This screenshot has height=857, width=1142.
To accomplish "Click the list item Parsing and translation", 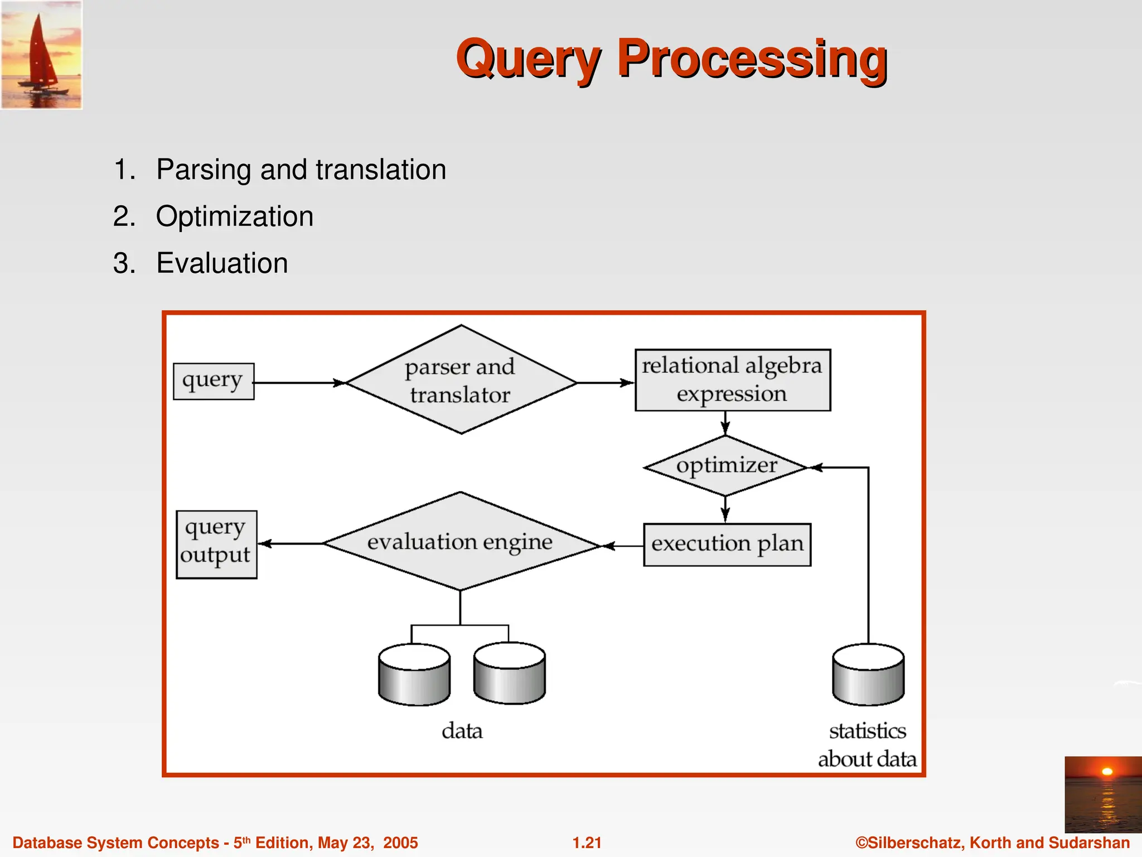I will tap(301, 170).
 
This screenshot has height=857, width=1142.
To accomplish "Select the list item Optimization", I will tap(234, 216).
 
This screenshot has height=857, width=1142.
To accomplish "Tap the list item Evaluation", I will tap(222, 263).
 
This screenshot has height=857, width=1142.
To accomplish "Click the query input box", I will tap(214, 382).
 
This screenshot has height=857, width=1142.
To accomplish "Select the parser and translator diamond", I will tap(461, 380).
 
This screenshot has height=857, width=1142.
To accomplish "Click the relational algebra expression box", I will tap(732, 380).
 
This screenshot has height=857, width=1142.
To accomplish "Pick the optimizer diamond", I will tap(725, 466).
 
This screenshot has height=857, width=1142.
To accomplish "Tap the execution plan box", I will tap(727, 545).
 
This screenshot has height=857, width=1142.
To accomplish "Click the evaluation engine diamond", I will tap(460, 542).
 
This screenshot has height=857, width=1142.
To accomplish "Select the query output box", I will tap(216, 545).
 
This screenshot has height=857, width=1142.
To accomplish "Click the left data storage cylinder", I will tap(414, 675).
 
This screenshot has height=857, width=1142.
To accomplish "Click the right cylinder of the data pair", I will tap(509, 674).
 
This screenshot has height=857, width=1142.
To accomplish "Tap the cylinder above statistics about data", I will tap(868, 675).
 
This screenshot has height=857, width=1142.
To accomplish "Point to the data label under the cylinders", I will tap(462, 731).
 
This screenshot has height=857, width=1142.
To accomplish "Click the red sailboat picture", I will tap(41, 55).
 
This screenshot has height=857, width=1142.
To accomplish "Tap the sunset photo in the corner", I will tap(1102, 794).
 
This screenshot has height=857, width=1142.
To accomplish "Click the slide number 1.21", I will tap(587, 842).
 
